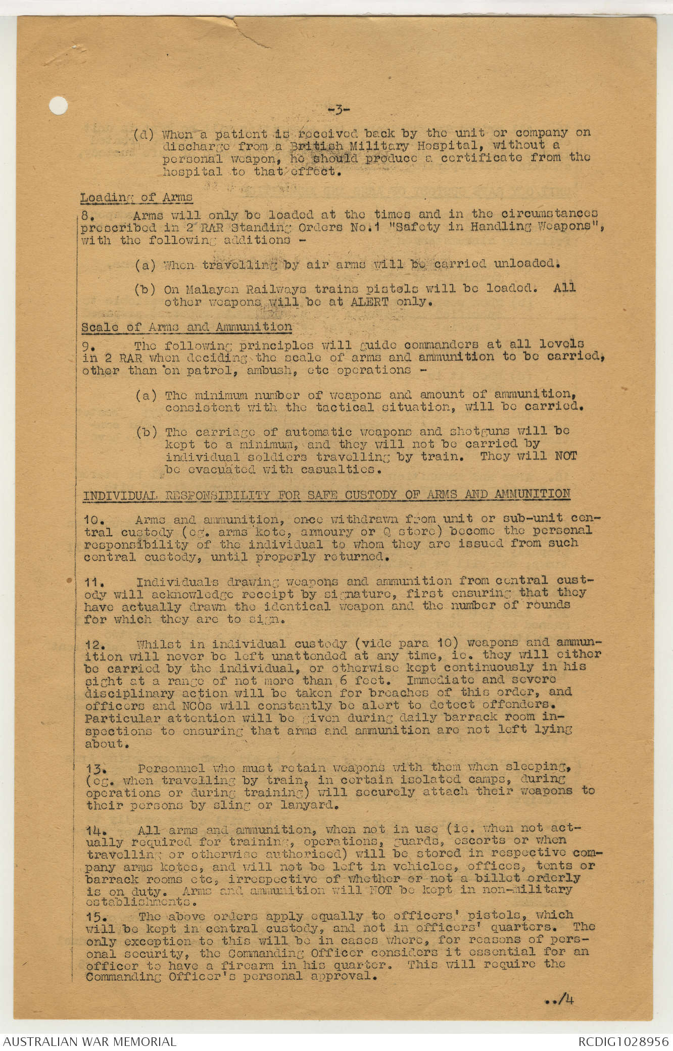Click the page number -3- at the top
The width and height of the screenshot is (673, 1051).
[x=339, y=109]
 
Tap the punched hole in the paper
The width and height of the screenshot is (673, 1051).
[x=59, y=106]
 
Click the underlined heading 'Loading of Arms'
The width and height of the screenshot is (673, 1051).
[x=136, y=197]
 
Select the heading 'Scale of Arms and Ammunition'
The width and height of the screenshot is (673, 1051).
[x=187, y=327]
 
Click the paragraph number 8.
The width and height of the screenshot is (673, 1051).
[x=86, y=216]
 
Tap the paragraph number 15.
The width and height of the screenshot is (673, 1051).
[x=95, y=916]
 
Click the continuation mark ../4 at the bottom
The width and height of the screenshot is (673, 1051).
[x=559, y=999]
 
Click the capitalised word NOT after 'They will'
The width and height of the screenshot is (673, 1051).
[x=565, y=456]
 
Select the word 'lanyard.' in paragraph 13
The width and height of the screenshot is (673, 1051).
[x=309, y=805]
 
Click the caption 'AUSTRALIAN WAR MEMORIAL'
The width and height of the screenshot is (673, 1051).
[x=90, y=1041]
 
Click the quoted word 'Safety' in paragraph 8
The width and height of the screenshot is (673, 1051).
[x=417, y=227]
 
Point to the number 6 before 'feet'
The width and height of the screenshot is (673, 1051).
[x=343, y=680]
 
